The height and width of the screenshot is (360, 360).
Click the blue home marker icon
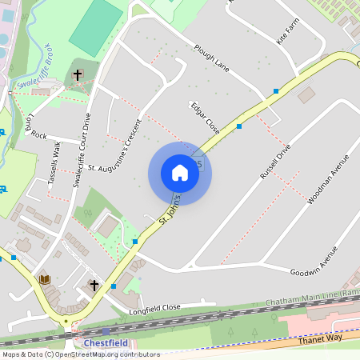pyautogui.click(x=179, y=173)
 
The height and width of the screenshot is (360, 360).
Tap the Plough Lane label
pyautogui.click(x=211, y=58)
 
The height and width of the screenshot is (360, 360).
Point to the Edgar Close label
pyautogui.click(x=204, y=117)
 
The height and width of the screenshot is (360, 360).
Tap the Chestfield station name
pyautogui.click(x=106, y=343)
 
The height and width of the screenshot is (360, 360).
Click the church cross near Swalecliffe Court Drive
pyautogui.click(x=78, y=75)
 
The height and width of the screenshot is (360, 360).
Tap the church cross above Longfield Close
pyautogui.click(x=94, y=285)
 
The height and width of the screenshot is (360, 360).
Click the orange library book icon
pyautogui.click(x=45, y=279)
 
